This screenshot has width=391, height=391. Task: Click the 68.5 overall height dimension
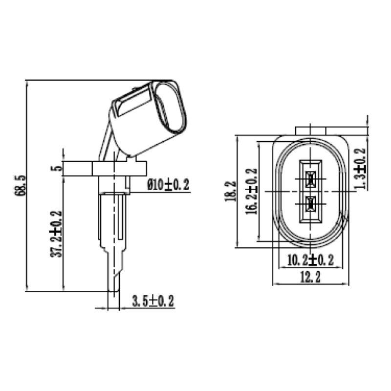21,185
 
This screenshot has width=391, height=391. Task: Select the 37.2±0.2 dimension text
56,234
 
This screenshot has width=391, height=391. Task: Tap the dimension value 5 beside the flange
57,168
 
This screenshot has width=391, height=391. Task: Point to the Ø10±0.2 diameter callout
168,185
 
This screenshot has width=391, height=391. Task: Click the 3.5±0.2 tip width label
153,301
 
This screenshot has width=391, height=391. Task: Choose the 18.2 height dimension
230,191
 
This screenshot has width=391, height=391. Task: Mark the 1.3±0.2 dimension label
360,168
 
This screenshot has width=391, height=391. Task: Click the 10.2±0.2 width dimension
310,260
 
